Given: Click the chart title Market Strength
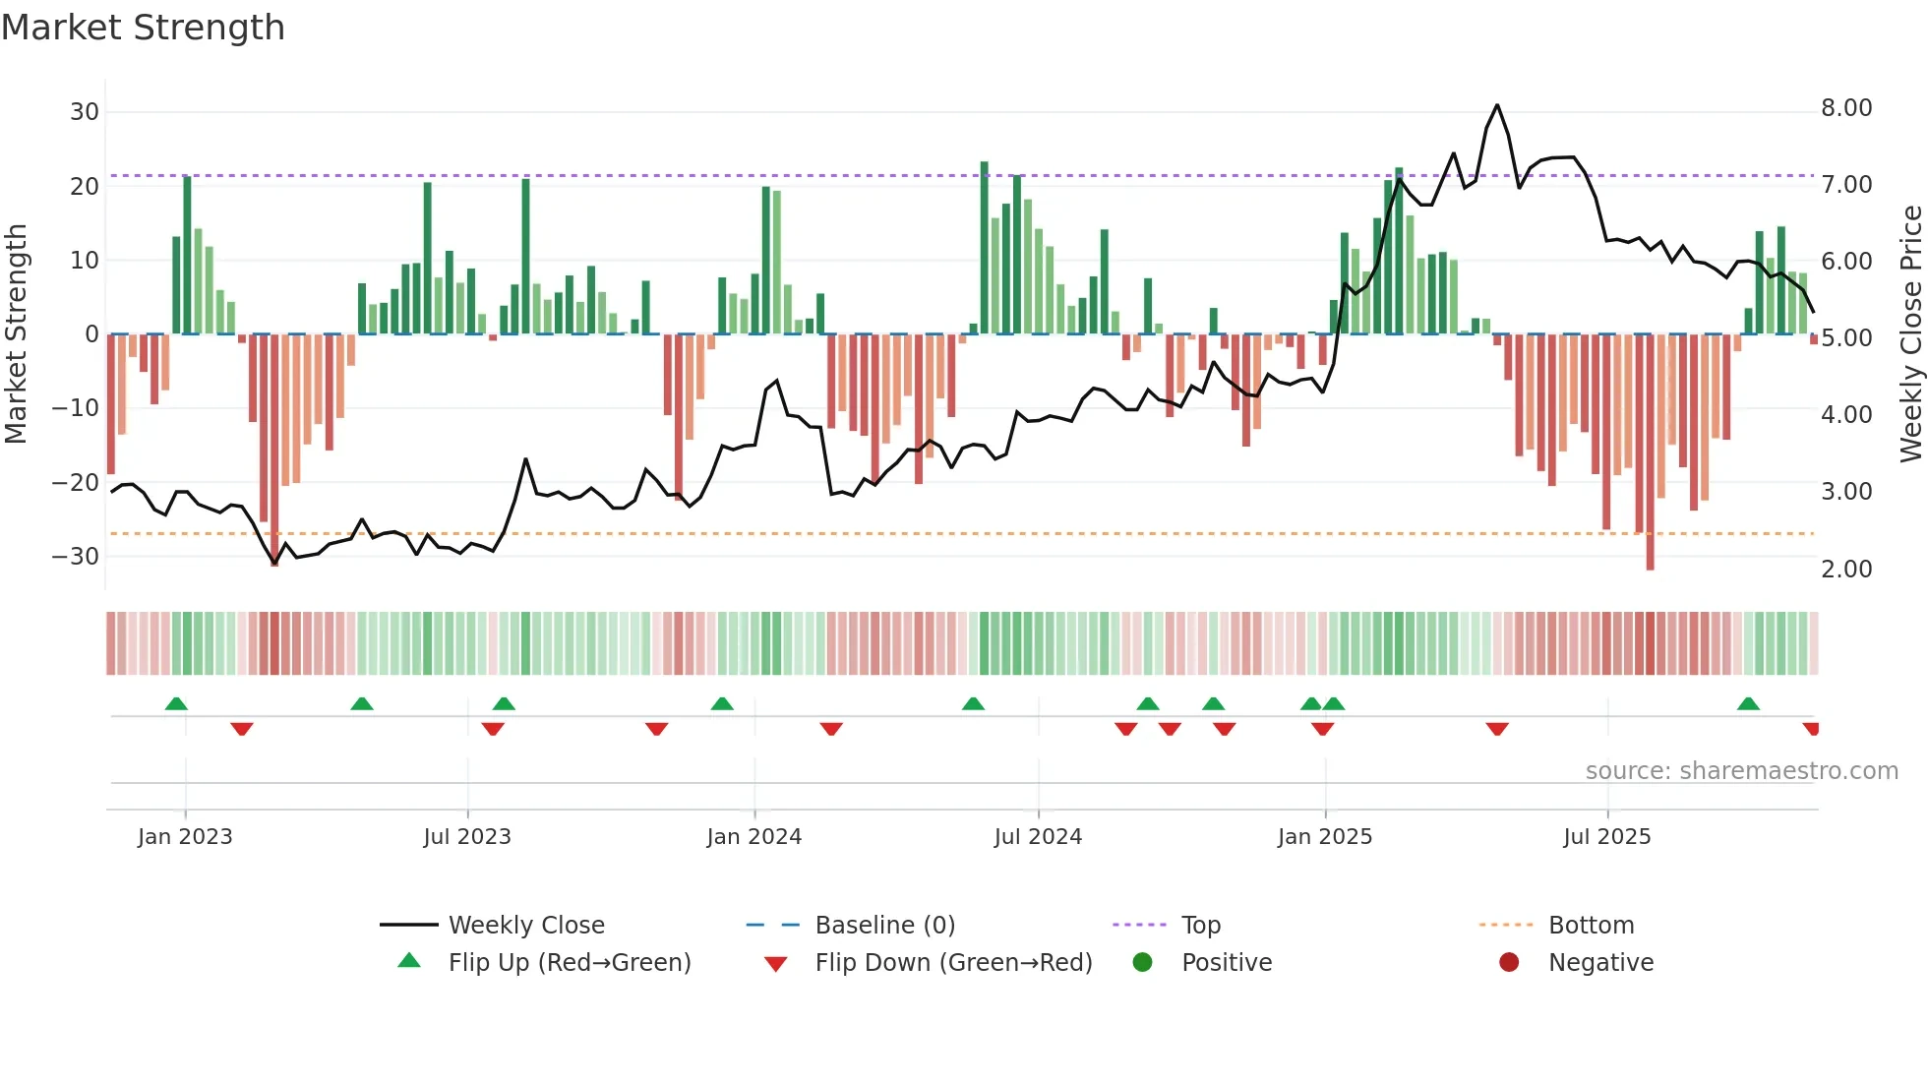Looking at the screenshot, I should point(143,28).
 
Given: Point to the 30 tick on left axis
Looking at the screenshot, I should point(85,112).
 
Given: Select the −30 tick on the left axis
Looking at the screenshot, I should point(77,557).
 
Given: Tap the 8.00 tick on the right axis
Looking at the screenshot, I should point(1846,108).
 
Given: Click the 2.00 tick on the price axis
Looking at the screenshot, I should point(1846,570).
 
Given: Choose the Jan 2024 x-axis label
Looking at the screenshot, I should point(753,837).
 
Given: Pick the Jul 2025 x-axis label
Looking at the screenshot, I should point(1606,837).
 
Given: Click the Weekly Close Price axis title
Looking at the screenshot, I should point(1910,334).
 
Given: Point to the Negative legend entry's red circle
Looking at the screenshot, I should point(1509,963).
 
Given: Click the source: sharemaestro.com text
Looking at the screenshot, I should point(1741,771).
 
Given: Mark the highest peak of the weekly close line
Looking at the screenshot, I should point(1497,105).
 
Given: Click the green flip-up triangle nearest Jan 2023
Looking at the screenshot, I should point(176,704).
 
